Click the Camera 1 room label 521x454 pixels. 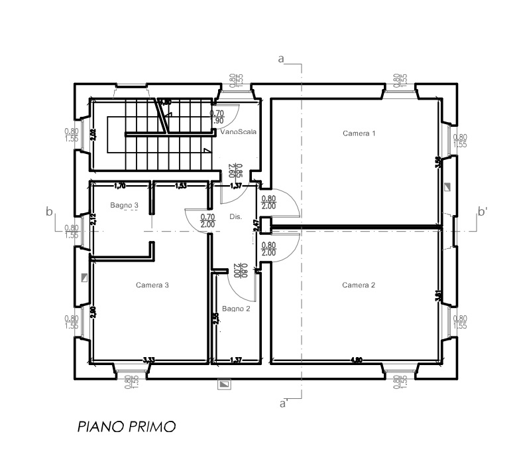coord(359,133)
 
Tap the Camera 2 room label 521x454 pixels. coord(359,285)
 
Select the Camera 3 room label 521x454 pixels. coord(153,285)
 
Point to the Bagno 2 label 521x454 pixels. coord(236,309)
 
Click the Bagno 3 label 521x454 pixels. coord(125,206)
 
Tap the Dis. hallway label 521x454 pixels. coord(235,217)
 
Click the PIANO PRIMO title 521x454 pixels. coord(125,425)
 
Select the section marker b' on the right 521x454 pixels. coord(483,212)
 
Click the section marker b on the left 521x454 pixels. coord(49,212)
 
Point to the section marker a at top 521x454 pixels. coord(281,59)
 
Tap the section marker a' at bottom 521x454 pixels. coord(283,403)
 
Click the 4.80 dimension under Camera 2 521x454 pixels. coord(356,360)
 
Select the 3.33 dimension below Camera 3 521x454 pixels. coord(149,360)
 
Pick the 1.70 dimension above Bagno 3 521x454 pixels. coord(120,186)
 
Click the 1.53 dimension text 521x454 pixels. coord(181,186)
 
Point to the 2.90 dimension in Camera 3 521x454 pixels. coord(93,311)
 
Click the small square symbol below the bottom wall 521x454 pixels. coord(223,384)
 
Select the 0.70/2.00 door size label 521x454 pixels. coord(207,220)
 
